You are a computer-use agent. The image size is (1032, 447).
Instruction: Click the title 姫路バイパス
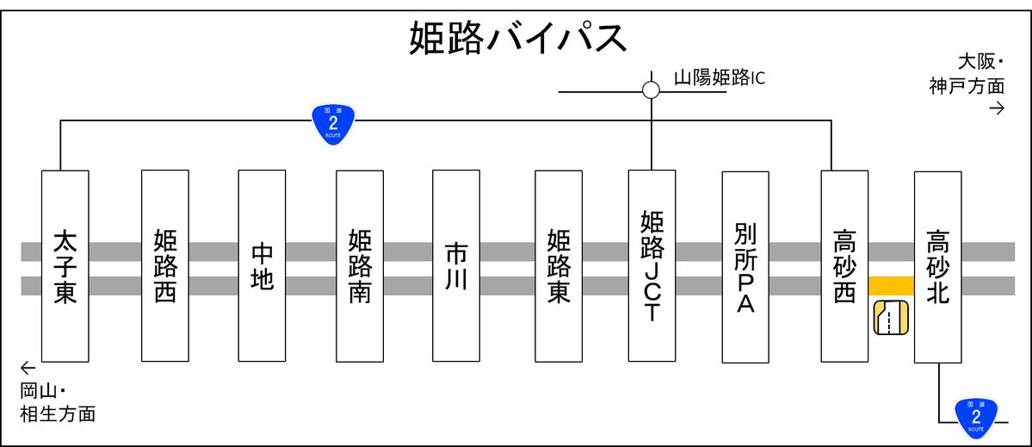[517, 38]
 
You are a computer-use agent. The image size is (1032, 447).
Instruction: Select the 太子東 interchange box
[65, 266]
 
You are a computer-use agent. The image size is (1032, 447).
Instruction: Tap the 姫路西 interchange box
[165, 266]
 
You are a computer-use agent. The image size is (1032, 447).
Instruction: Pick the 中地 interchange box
[262, 266]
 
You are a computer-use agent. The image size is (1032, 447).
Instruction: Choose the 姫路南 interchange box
[360, 266]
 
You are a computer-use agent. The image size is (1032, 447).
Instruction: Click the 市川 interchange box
[456, 266]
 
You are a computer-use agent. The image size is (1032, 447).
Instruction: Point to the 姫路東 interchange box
[559, 266]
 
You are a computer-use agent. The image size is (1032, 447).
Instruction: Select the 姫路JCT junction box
[652, 266]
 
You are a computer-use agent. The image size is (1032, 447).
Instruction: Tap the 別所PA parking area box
[745, 267]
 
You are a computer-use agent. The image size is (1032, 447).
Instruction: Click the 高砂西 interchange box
[844, 266]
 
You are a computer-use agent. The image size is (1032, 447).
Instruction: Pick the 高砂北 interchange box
[938, 267]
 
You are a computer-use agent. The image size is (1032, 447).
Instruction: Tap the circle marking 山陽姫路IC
[651, 90]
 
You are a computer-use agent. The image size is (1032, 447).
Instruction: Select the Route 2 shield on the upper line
[333, 122]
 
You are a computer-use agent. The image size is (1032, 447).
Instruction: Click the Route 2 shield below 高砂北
[976, 418]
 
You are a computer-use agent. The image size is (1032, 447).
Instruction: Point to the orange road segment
[891, 286]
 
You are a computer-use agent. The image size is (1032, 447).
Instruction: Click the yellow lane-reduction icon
[891, 320]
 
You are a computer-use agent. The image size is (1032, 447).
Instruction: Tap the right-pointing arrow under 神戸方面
[997, 109]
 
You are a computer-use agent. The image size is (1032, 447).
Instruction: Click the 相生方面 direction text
[58, 415]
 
